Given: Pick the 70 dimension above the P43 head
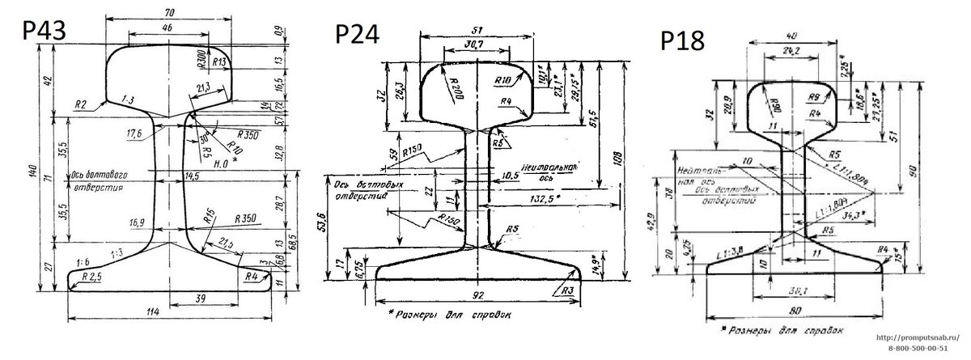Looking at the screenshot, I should click(x=168, y=13).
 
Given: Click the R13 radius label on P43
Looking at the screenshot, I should click(x=217, y=61).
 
